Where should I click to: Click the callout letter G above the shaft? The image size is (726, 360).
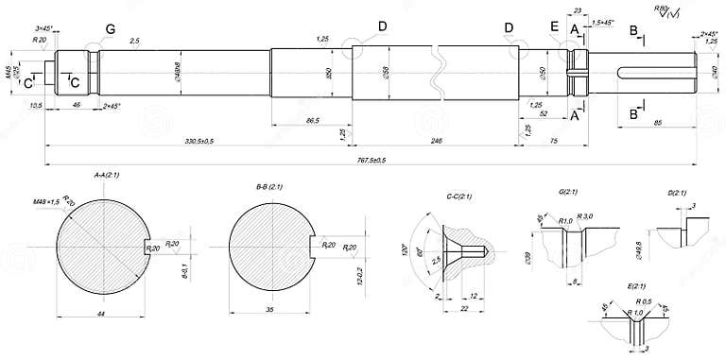pyautogui.click(x=111, y=30)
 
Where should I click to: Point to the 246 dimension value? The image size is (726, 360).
pyautogui.click(x=436, y=141)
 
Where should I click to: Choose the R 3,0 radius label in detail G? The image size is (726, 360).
pyautogui.click(x=584, y=216)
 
